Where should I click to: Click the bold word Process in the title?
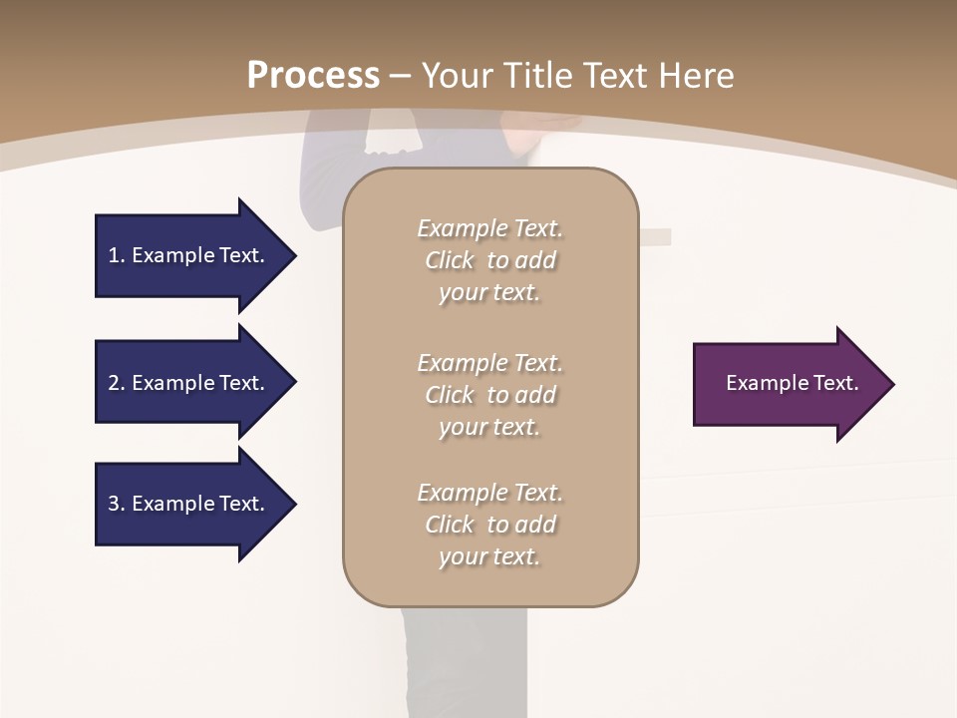[313, 76]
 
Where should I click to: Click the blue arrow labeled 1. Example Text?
[189, 255]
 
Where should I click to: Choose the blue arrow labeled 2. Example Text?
[189, 383]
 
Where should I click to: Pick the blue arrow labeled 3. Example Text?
[189, 504]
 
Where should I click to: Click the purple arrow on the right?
[788, 383]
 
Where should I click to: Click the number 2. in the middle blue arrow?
[117, 383]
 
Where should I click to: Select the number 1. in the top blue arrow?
[117, 255]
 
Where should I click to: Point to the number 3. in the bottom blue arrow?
[117, 504]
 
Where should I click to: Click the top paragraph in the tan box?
[489, 260]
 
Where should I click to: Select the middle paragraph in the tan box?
[489, 395]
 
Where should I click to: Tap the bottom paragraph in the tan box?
[489, 525]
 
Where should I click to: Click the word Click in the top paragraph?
[450, 260]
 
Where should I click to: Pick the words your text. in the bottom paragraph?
[489, 556]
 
